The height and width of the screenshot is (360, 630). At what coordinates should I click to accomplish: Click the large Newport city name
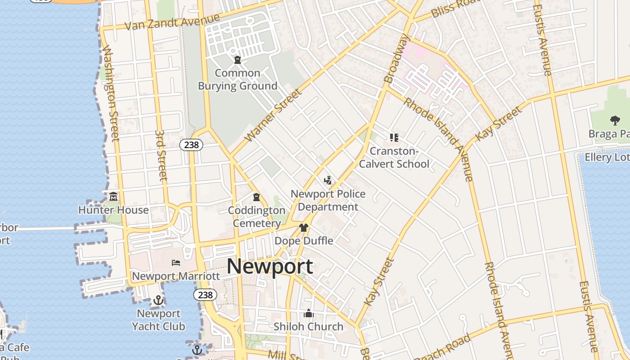click(x=270, y=266)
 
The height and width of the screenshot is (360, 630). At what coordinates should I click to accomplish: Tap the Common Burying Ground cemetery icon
click(x=238, y=60)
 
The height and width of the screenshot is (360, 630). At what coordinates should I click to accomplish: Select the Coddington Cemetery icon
click(x=256, y=197)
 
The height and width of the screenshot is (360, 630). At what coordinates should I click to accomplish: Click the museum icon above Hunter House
click(x=113, y=197)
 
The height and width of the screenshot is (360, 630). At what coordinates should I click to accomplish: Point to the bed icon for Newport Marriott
click(x=176, y=263)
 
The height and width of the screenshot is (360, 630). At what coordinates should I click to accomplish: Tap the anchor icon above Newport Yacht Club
click(x=158, y=300)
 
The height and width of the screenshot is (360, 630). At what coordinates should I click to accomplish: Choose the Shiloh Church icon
click(x=309, y=313)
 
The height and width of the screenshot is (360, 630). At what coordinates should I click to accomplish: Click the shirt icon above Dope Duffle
click(x=304, y=228)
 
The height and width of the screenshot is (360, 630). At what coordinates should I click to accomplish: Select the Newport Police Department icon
click(x=328, y=181)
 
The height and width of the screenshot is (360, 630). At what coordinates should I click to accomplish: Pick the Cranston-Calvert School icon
click(x=394, y=138)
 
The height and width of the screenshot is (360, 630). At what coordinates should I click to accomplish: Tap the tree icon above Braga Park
click(x=615, y=121)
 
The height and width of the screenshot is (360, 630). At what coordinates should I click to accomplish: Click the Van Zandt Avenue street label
click(x=172, y=22)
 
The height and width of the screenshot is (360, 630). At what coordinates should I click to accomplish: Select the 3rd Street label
click(x=161, y=155)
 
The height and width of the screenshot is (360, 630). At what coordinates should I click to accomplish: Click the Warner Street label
click(x=272, y=116)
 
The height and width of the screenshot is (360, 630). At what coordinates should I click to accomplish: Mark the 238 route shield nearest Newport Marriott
click(x=205, y=295)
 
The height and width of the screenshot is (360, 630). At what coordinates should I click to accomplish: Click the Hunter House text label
click(x=113, y=210)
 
